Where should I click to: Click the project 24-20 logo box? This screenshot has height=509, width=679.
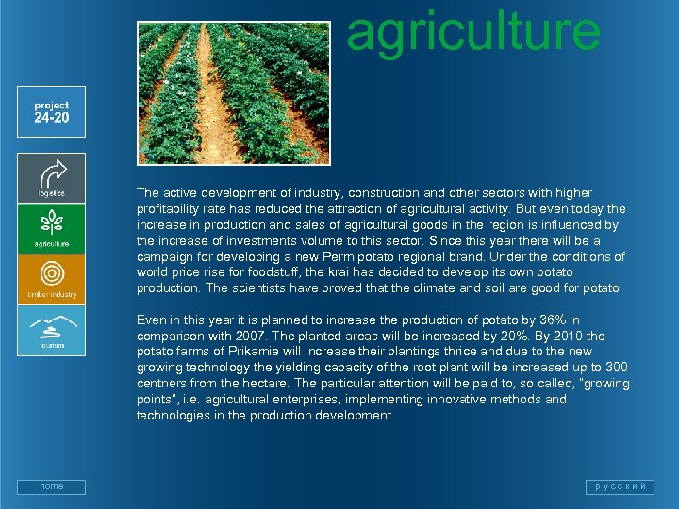point(51,112)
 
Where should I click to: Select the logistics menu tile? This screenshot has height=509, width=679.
point(51,177)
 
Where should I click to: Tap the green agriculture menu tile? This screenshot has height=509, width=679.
point(51,228)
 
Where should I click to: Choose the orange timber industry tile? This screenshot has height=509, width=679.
point(51,279)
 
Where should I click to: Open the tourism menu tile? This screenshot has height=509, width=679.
point(51,330)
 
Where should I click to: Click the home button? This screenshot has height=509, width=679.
point(51,486)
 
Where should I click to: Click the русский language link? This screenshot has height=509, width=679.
point(619,486)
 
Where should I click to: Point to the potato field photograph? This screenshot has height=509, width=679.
point(233,93)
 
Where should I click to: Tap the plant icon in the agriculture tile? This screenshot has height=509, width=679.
point(51,223)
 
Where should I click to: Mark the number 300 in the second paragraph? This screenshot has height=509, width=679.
point(617,368)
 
